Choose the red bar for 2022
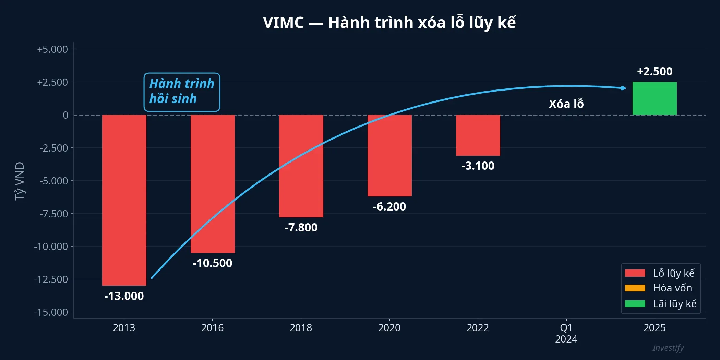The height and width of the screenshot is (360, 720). tap(478, 135)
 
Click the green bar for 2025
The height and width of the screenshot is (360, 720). tap(655, 98)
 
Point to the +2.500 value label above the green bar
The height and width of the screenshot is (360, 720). tap(655, 71)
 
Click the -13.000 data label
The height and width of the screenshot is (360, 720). tap(124, 296)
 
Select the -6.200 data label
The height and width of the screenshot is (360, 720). tap(389, 206)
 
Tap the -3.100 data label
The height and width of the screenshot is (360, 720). tap(478, 166)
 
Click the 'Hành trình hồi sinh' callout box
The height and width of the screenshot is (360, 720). tap(182, 92)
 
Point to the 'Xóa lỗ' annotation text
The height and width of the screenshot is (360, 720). tap(566, 104)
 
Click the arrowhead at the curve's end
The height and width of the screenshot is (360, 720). tap(624, 88)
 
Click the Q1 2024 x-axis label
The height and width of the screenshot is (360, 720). tap(566, 333)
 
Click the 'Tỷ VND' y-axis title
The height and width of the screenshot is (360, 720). tap(20, 181)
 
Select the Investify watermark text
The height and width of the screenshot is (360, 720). tap(668, 348)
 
